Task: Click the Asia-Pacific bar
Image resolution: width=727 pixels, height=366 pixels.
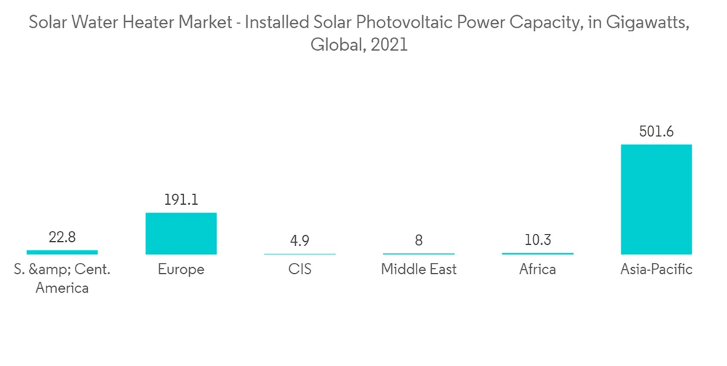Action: tap(656, 199)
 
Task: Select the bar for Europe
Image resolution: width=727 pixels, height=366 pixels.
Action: tap(181, 233)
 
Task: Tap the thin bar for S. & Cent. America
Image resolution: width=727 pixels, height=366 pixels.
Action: tap(62, 252)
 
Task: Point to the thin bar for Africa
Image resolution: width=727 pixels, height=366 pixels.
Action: tap(537, 253)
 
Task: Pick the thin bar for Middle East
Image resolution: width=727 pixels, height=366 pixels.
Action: tap(419, 254)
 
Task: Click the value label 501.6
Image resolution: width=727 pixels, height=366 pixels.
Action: tap(656, 131)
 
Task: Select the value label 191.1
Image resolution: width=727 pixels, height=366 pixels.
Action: tap(181, 200)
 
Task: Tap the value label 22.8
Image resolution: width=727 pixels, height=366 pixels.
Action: tap(62, 237)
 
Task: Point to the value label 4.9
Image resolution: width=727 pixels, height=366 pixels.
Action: tap(300, 240)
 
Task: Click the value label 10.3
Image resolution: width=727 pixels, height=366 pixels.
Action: tap(537, 240)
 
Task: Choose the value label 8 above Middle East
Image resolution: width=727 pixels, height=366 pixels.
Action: tap(419, 240)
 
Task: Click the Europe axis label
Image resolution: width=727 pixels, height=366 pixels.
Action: tap(181, 270)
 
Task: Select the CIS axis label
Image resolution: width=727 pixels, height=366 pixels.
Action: tap(300, 270)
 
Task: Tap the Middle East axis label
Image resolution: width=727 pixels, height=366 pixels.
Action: tap(419, 270)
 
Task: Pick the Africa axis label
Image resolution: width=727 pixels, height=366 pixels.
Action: tap(537, 270)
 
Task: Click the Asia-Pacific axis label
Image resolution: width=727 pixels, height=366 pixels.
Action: tap(656, 270)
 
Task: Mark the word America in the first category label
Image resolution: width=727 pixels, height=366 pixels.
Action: tap(62, 288)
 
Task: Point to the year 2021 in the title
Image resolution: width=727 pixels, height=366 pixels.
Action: tap(390, 45)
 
